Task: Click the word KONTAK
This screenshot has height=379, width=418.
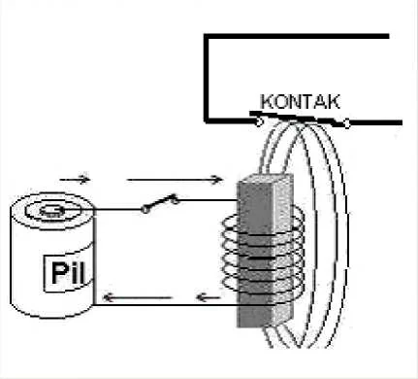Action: click(301, 102)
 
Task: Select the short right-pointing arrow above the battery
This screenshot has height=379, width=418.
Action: click(75, 179)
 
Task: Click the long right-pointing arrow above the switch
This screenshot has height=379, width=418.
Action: click(175, 179)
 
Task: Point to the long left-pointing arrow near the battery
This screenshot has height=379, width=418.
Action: click(137, 297)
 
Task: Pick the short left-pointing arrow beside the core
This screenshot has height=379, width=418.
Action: click(209, 297)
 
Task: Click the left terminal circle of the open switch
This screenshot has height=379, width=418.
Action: click(145, 210)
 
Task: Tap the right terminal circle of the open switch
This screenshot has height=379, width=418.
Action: click(175, 200)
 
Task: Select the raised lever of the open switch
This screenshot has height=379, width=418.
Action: click(160, 202)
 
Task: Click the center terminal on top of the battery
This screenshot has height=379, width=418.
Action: click(51, 211)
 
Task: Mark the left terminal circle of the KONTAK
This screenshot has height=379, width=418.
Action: click(259, 122)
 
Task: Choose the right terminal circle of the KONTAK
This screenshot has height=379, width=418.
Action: click(346, 123)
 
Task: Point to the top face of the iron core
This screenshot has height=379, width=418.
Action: click(266, 179)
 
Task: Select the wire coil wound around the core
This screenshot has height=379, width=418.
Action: click(263, 253)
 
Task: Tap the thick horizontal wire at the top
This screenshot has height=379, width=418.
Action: click(296, 36)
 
